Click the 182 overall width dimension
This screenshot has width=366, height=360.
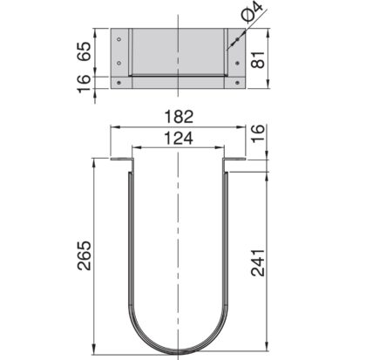pos(178,115)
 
